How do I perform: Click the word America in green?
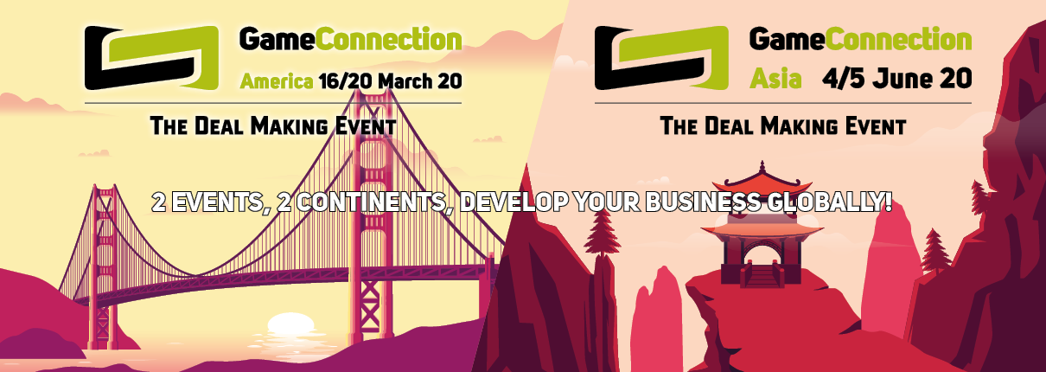tap(277, 81)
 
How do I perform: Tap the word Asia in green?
tap(775, 79)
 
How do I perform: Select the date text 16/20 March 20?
tap(391, 81)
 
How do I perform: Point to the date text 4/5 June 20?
tap(897, 79)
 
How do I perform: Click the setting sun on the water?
tap(290, 324)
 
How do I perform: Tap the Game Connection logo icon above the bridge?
tap(151, 57)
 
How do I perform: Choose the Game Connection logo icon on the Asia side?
tap(661, 57)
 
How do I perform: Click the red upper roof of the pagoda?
tap(762, 183)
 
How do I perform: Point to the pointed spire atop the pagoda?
tap(762, 167)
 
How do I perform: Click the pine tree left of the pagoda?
tap(602, 234)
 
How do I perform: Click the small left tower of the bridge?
tap(104, 266)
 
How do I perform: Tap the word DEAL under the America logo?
tap(219, 126)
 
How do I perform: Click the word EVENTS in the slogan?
tap(216, 202)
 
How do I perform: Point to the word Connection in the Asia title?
tap(898, 39)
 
